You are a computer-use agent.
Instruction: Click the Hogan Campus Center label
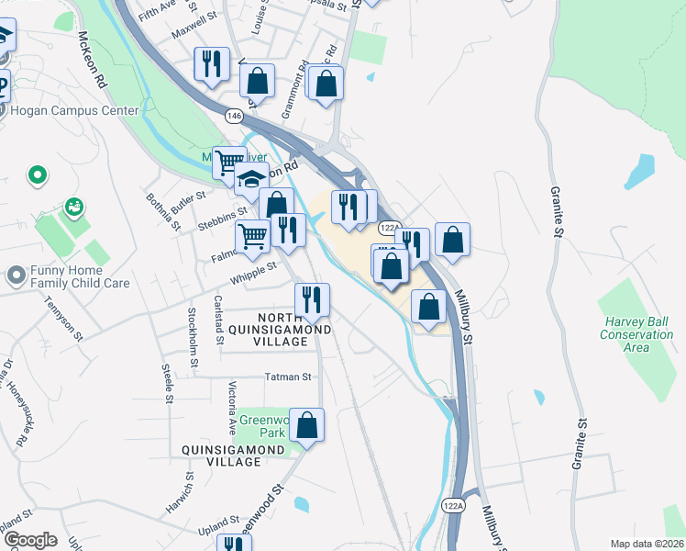(x=75, y=111)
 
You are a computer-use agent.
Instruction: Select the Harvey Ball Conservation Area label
(x=638, y=334)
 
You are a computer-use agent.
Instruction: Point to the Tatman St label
(x=288, y=377)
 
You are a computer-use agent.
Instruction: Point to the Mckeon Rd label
(x=93, y=59)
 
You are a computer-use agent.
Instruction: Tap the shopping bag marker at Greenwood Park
(x=307, y=425)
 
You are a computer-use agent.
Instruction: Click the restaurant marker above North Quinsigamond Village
(x=312, y=298)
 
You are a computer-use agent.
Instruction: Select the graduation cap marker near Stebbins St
(x=250, y=180)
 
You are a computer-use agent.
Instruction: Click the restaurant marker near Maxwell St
(x=212, y=64)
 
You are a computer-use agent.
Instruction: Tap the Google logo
(x=29, y=540)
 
